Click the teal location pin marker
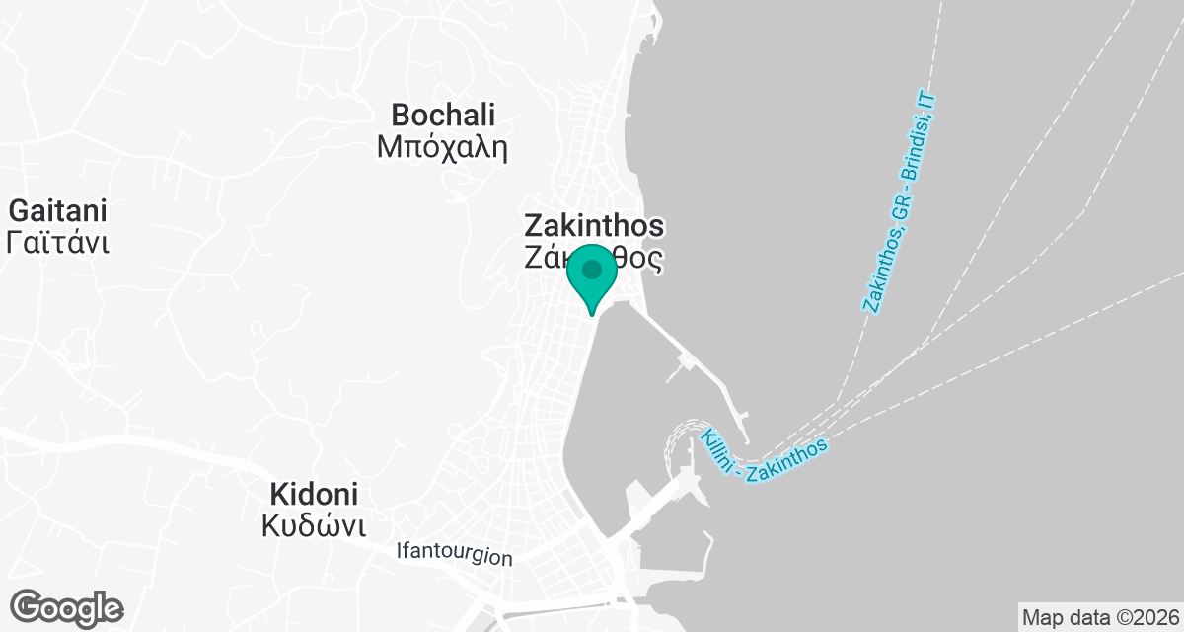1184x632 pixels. [x=592, y=276]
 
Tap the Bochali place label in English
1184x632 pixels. [x=443, y=115]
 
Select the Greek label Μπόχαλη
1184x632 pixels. [x=442, y=148]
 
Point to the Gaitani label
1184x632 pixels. [x=57, y=210]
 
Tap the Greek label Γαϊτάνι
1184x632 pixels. [x=57, y=243]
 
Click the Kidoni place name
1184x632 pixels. [x=315, y=494]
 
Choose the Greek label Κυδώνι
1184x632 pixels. [x=315, y=525]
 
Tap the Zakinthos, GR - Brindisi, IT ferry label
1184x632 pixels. [x=899, y=201]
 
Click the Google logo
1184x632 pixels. [x=67, y=607]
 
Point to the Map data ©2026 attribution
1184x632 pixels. [x=1100, y=618]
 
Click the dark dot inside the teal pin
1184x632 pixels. [x=592, y=269]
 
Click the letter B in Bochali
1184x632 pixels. [x=402, y=115]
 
